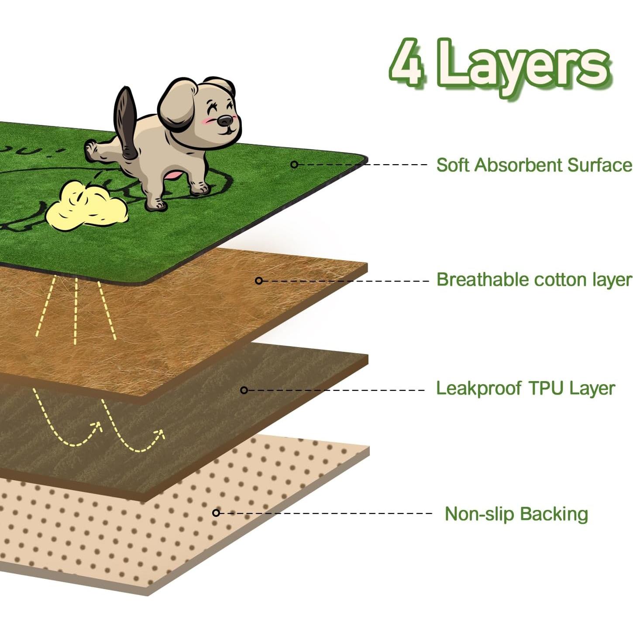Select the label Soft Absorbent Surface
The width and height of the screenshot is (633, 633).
click(533, 165)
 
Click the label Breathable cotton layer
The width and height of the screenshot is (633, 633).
click(533, 280)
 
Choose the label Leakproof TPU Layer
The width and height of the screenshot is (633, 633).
click(525, 388)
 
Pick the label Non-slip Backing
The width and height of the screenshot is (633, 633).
click(516, 514)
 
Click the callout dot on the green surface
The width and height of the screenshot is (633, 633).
click(294, 165)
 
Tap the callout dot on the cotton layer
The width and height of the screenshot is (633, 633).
click(259, 280)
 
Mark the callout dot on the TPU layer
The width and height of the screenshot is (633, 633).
click(244, 390)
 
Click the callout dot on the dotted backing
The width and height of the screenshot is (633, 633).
click(216, 513)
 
